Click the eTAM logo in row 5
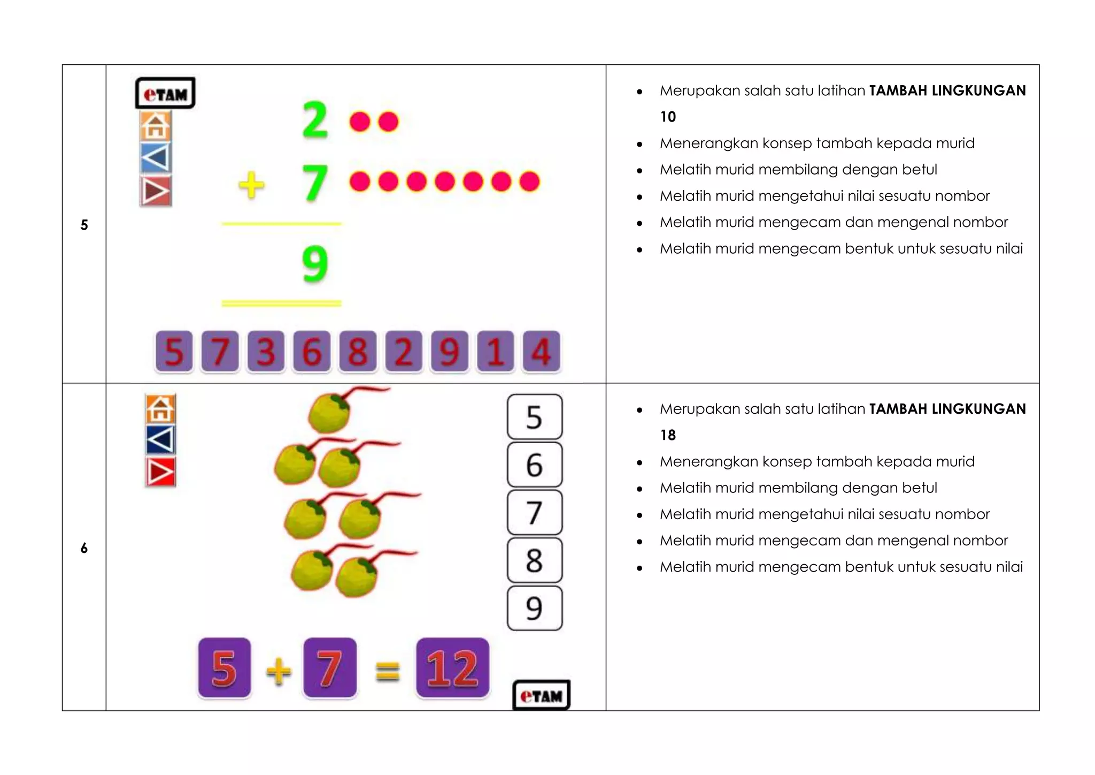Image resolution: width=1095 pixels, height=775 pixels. pyautogui.click(x=165, y=93)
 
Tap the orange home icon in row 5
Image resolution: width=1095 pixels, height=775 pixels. pyautogui.click(x=156, y=126)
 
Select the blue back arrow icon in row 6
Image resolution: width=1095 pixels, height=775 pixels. pyautogui.click(x=160, y=440)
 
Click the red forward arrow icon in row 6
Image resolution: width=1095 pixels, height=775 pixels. pyautogui.click(x=160, y=472)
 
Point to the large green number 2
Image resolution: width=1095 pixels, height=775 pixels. pyautogui.click(x=315, y=120)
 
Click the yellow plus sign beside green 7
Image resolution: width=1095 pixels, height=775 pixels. pyautogui.click(x=251, y=185)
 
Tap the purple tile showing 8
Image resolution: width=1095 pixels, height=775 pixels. pyautogui.click(x=358, y=351)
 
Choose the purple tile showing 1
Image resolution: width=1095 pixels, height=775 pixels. pyautogui.click(x=495, y=351)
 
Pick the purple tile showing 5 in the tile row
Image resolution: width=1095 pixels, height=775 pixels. pyautogui.click(x=174, y=351)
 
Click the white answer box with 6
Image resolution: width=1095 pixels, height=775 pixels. pyautogui.click(x=534, y=465)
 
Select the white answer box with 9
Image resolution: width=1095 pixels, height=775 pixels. pyautogui.click(x=534, y=608)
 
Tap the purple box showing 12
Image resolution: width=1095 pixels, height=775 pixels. pyautogui.click(x=452, y=668)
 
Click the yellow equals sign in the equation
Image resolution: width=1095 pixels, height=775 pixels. pyautogui.click(x=387, y=671)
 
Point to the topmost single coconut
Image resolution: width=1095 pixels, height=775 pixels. pyautogui.click(x=330, y=413)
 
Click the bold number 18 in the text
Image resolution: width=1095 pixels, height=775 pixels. pyautogui.click(x=668, y=435)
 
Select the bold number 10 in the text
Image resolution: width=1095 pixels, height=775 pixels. pyautogui.click(x=668, y=117)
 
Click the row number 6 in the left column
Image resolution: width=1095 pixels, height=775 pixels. pyautogui.click(x=84, y=548)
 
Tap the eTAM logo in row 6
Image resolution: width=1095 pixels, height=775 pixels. pyautogui.click(x=541, y=695)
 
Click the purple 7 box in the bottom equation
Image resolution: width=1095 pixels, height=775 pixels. pyautogui.click(x=329, y=668)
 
